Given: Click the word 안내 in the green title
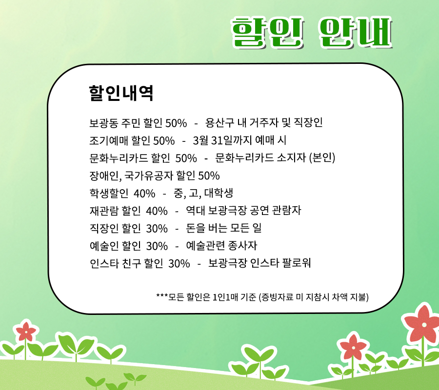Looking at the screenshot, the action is [x=355, y=32].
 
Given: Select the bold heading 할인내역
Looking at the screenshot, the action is [x=121, y=93].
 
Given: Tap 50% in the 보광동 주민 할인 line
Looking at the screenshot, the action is [x=176, y=123].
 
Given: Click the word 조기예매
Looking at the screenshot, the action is [x=108, y=140].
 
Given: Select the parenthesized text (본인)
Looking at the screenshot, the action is [x=322, y=158].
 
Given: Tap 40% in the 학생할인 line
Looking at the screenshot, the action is [x=144, y=194].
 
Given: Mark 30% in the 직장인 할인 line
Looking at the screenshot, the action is [x=157, y=229].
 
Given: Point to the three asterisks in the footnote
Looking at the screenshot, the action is [x=162, y=295].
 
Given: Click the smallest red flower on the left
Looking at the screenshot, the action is [x=26, y=331].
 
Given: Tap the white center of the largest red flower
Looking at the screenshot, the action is [x=424, y=325].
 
